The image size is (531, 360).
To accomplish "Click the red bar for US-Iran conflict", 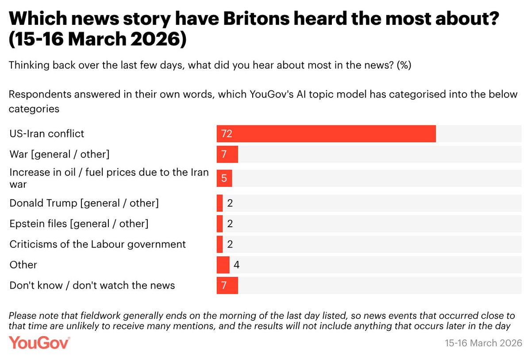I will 326,134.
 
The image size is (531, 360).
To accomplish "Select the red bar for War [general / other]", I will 227,155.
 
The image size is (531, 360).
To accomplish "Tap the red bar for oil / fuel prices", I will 224,178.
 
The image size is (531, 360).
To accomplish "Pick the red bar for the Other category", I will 223,265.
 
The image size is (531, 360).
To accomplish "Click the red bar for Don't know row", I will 227,286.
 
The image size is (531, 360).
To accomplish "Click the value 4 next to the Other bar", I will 236,265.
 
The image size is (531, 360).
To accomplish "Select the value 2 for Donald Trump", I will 230,203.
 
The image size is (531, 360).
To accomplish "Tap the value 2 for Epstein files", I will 230,224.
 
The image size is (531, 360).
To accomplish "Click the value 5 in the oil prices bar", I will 224,178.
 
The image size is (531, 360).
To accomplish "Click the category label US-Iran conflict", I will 47,134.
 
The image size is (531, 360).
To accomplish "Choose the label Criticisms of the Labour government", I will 98,244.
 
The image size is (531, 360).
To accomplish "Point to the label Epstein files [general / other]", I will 79,224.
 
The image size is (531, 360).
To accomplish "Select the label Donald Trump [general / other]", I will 84,203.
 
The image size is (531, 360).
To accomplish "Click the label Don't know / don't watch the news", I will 92,286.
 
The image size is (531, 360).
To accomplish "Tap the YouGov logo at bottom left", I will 39,342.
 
